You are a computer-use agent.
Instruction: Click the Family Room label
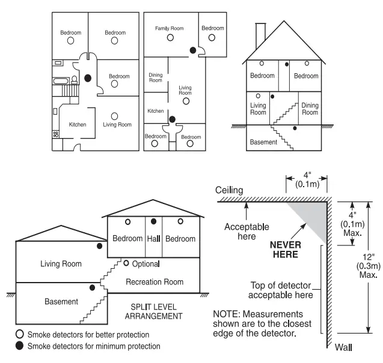169,28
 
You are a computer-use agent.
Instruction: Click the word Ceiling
229,190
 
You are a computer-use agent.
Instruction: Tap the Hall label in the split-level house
153,239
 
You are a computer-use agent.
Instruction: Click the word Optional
147,263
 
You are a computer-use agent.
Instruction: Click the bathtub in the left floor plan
61,80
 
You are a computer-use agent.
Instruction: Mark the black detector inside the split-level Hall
153,221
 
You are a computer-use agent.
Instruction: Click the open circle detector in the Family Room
170,37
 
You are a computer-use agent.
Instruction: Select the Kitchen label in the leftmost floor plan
78,125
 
